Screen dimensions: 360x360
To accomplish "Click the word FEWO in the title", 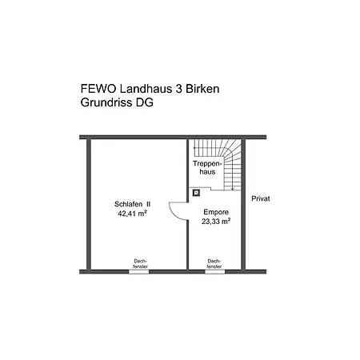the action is (98, 89).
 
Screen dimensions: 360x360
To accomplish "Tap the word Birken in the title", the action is (202, 89).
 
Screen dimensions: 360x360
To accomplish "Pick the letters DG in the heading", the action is (145, 102).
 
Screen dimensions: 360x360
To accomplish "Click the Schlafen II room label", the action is (132, 204).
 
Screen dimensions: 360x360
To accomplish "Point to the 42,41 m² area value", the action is (133, 214).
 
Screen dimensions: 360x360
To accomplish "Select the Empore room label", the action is (216, 212).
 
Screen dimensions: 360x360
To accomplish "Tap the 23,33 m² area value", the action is (216, 222).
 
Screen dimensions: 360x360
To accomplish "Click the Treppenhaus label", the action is (207, 167).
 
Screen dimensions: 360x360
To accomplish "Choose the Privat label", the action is (261, 198).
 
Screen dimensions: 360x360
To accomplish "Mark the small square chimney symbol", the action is (197, 193).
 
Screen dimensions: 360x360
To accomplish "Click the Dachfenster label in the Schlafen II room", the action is (140, 263).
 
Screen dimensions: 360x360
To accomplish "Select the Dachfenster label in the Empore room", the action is (214, 263).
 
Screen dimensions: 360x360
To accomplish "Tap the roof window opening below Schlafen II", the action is (139, 272).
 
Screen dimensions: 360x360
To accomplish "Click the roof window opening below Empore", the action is (215, 272).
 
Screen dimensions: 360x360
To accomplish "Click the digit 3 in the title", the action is (178, 89).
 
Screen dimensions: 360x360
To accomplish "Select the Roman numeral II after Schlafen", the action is (148, 204).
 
